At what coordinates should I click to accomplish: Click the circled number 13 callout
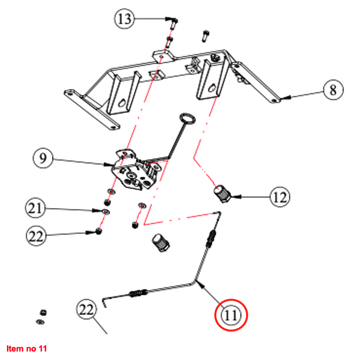point(125,19)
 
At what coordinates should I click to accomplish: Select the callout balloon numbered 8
point(333,91)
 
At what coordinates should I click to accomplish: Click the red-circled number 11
point(231,315)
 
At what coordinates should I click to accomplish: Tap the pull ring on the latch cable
point(187,118)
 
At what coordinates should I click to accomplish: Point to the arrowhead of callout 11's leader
point(197,282)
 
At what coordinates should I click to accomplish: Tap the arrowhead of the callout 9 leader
point(113,165)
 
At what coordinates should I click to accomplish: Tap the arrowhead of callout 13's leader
point(168,20)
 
